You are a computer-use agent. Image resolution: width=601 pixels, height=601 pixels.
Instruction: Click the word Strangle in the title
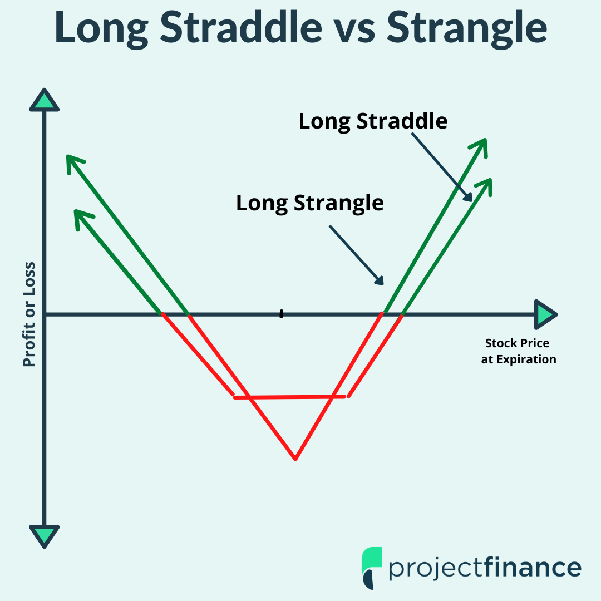pos(466,29)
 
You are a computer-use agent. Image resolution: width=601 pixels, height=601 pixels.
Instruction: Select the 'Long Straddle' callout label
pos(373,121)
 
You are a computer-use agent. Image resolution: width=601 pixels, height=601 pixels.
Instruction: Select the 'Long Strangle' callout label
pos(310,203)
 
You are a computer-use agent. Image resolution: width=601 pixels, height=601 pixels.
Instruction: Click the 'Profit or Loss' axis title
pos(29,314)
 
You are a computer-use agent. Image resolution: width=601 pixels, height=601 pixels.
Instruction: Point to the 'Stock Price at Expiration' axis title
pos(518,351)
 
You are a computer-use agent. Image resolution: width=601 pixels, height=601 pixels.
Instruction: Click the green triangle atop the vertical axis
pos(44,101)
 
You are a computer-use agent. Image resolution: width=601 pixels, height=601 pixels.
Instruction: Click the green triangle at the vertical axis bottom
pos(44,536)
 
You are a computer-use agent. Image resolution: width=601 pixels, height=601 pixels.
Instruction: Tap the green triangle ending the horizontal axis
pos(545,315)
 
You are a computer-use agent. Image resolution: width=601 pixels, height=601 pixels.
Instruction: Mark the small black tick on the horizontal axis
pos(282,314)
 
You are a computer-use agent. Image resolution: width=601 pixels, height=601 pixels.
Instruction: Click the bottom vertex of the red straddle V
pos(295,459)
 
